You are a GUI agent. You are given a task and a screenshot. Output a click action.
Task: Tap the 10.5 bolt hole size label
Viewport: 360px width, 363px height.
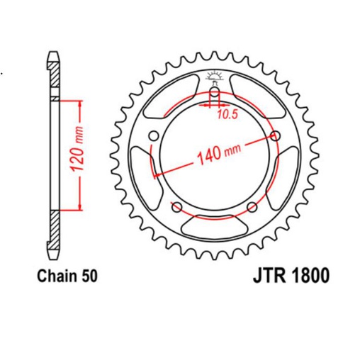[227, 113]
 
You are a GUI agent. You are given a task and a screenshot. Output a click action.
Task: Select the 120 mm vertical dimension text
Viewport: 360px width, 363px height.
[79, 153]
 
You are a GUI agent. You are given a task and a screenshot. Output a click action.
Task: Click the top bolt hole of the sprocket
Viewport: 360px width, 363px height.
[215, 93]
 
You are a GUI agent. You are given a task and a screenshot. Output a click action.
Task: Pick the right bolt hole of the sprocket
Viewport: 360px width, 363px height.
[275, 137]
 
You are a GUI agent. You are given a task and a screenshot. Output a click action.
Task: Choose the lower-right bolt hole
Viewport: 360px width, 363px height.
[252, 207]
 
